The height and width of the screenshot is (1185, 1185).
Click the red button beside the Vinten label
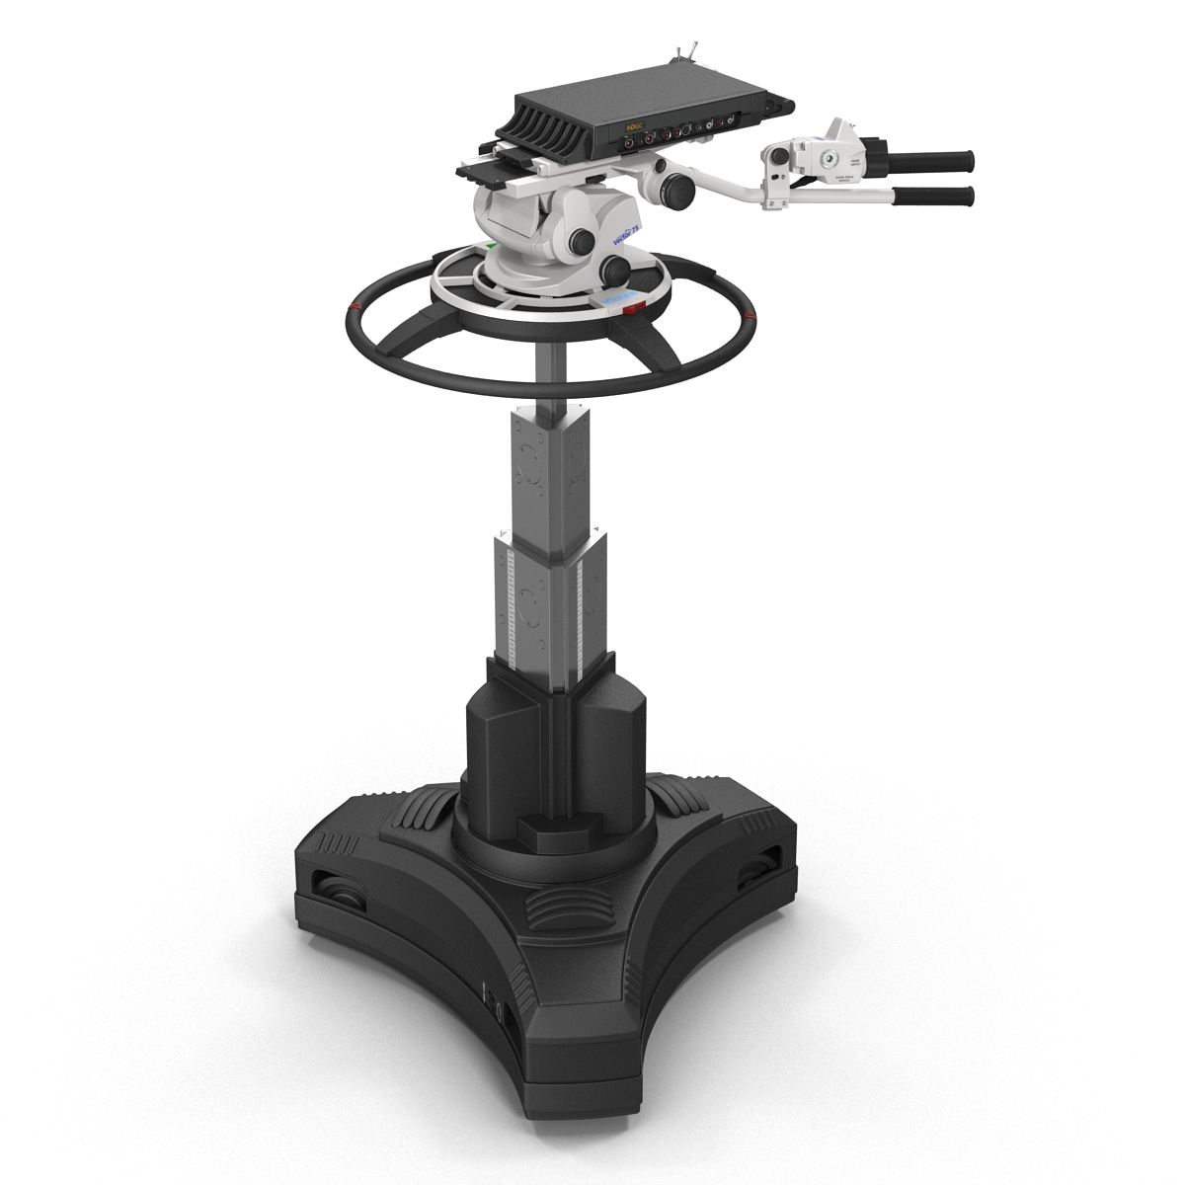click(x=633, y=309)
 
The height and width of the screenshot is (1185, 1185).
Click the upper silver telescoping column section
click(x=552, y=464)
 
